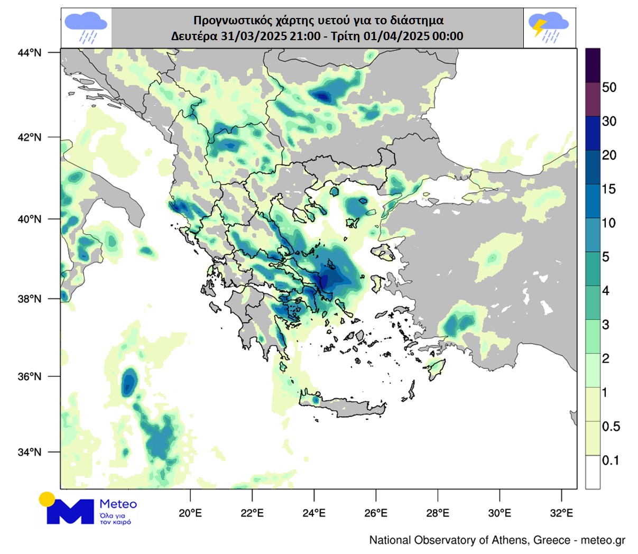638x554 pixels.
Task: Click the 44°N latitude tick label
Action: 30,52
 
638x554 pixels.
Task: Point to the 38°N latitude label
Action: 30,299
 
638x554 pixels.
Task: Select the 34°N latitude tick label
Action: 30,453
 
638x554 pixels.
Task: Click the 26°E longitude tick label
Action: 376,513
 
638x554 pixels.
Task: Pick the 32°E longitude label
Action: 561,513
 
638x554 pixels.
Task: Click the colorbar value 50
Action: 609,88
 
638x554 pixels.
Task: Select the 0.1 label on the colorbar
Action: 611,460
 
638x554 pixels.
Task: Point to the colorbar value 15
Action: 609,189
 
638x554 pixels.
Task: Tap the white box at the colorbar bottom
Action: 593,472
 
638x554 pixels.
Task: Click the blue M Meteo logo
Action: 71,511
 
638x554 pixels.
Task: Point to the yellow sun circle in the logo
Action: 47,498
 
